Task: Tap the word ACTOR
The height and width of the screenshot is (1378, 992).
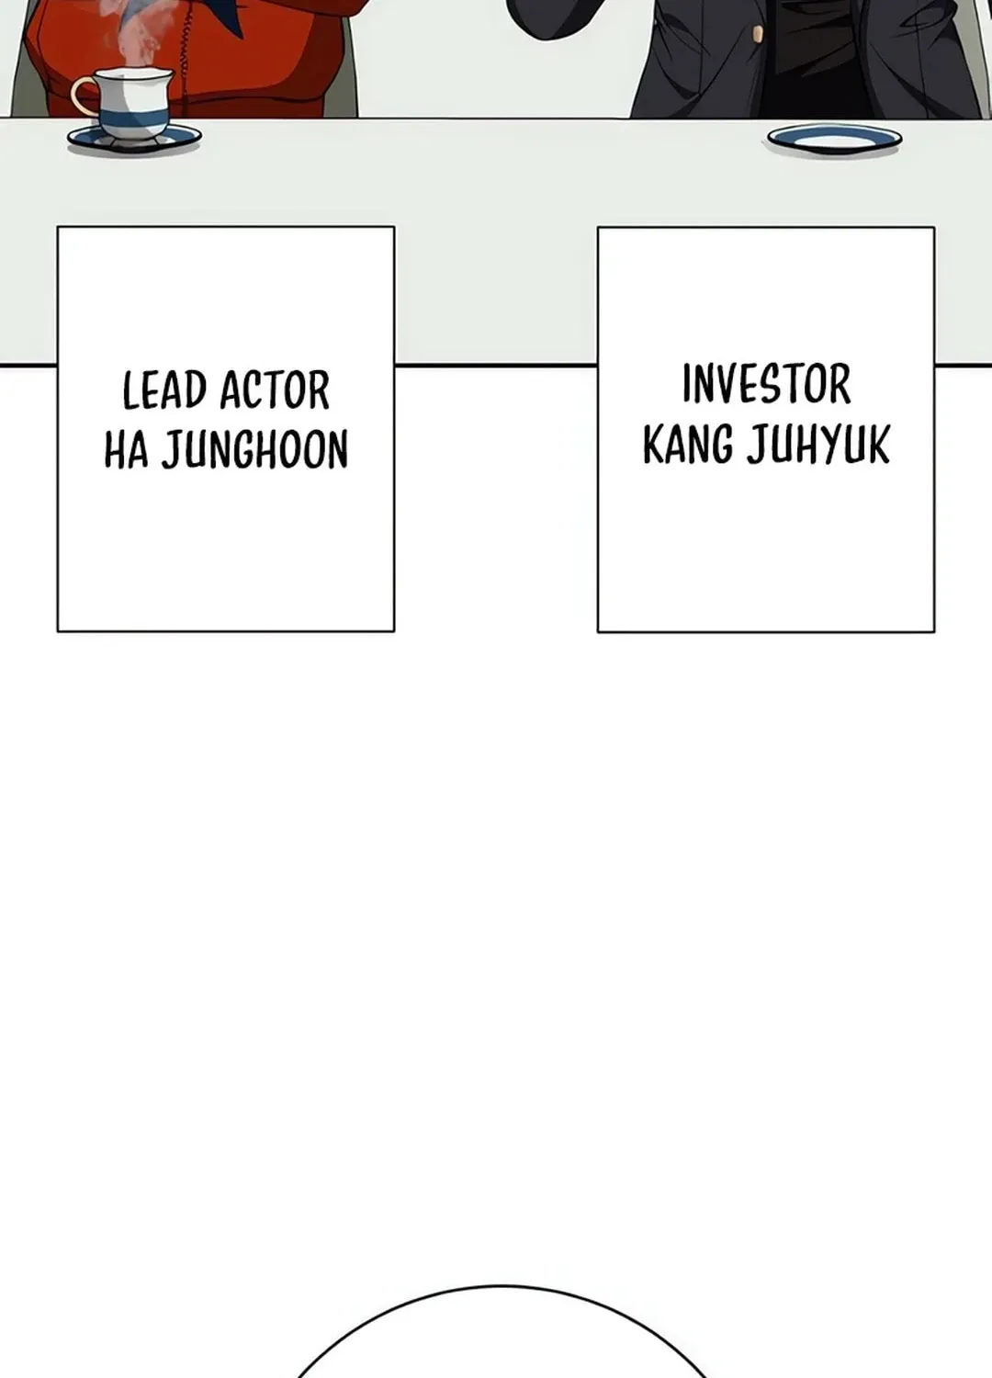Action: click(x=275, y=390)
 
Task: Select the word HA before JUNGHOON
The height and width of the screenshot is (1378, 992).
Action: click(x=127, y=449)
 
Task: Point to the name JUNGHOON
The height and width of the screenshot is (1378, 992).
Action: click(x=255, y=450)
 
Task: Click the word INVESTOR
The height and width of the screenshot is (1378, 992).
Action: click(x=766, y=384)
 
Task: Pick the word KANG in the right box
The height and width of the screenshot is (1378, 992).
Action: click(x=688, y=444)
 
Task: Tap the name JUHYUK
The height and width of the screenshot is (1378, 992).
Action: click(x=818, y=444)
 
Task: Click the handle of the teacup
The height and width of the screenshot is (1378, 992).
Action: click(x=85, y=97)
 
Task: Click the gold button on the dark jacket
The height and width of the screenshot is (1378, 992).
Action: click(x=758, y=35)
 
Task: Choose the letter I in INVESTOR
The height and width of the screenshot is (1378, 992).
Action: click(x=687, y=384)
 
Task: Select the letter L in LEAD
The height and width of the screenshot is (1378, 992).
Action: click(x=130, y=390)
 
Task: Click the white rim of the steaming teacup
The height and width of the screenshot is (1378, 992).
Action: click(x=134, y=73)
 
